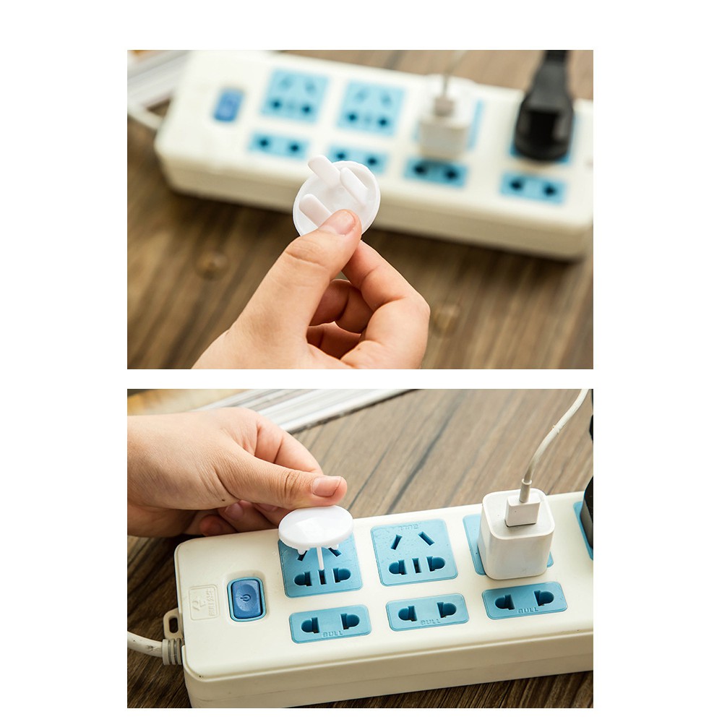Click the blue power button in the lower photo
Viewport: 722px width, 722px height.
point(246,599)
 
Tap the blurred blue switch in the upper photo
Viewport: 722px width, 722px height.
point(228,105)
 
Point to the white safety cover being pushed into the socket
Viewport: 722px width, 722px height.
point(316,526)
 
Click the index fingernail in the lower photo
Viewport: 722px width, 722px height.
point(326,486)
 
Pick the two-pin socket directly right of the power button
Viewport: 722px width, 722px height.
point(330,622)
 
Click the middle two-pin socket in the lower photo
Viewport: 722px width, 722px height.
point(426,611)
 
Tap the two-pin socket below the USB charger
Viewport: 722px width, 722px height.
point(524,600)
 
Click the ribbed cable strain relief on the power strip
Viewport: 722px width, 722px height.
point(172,650)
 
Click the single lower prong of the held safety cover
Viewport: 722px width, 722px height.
point(316,208)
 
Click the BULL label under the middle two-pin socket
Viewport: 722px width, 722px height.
point(430,622)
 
